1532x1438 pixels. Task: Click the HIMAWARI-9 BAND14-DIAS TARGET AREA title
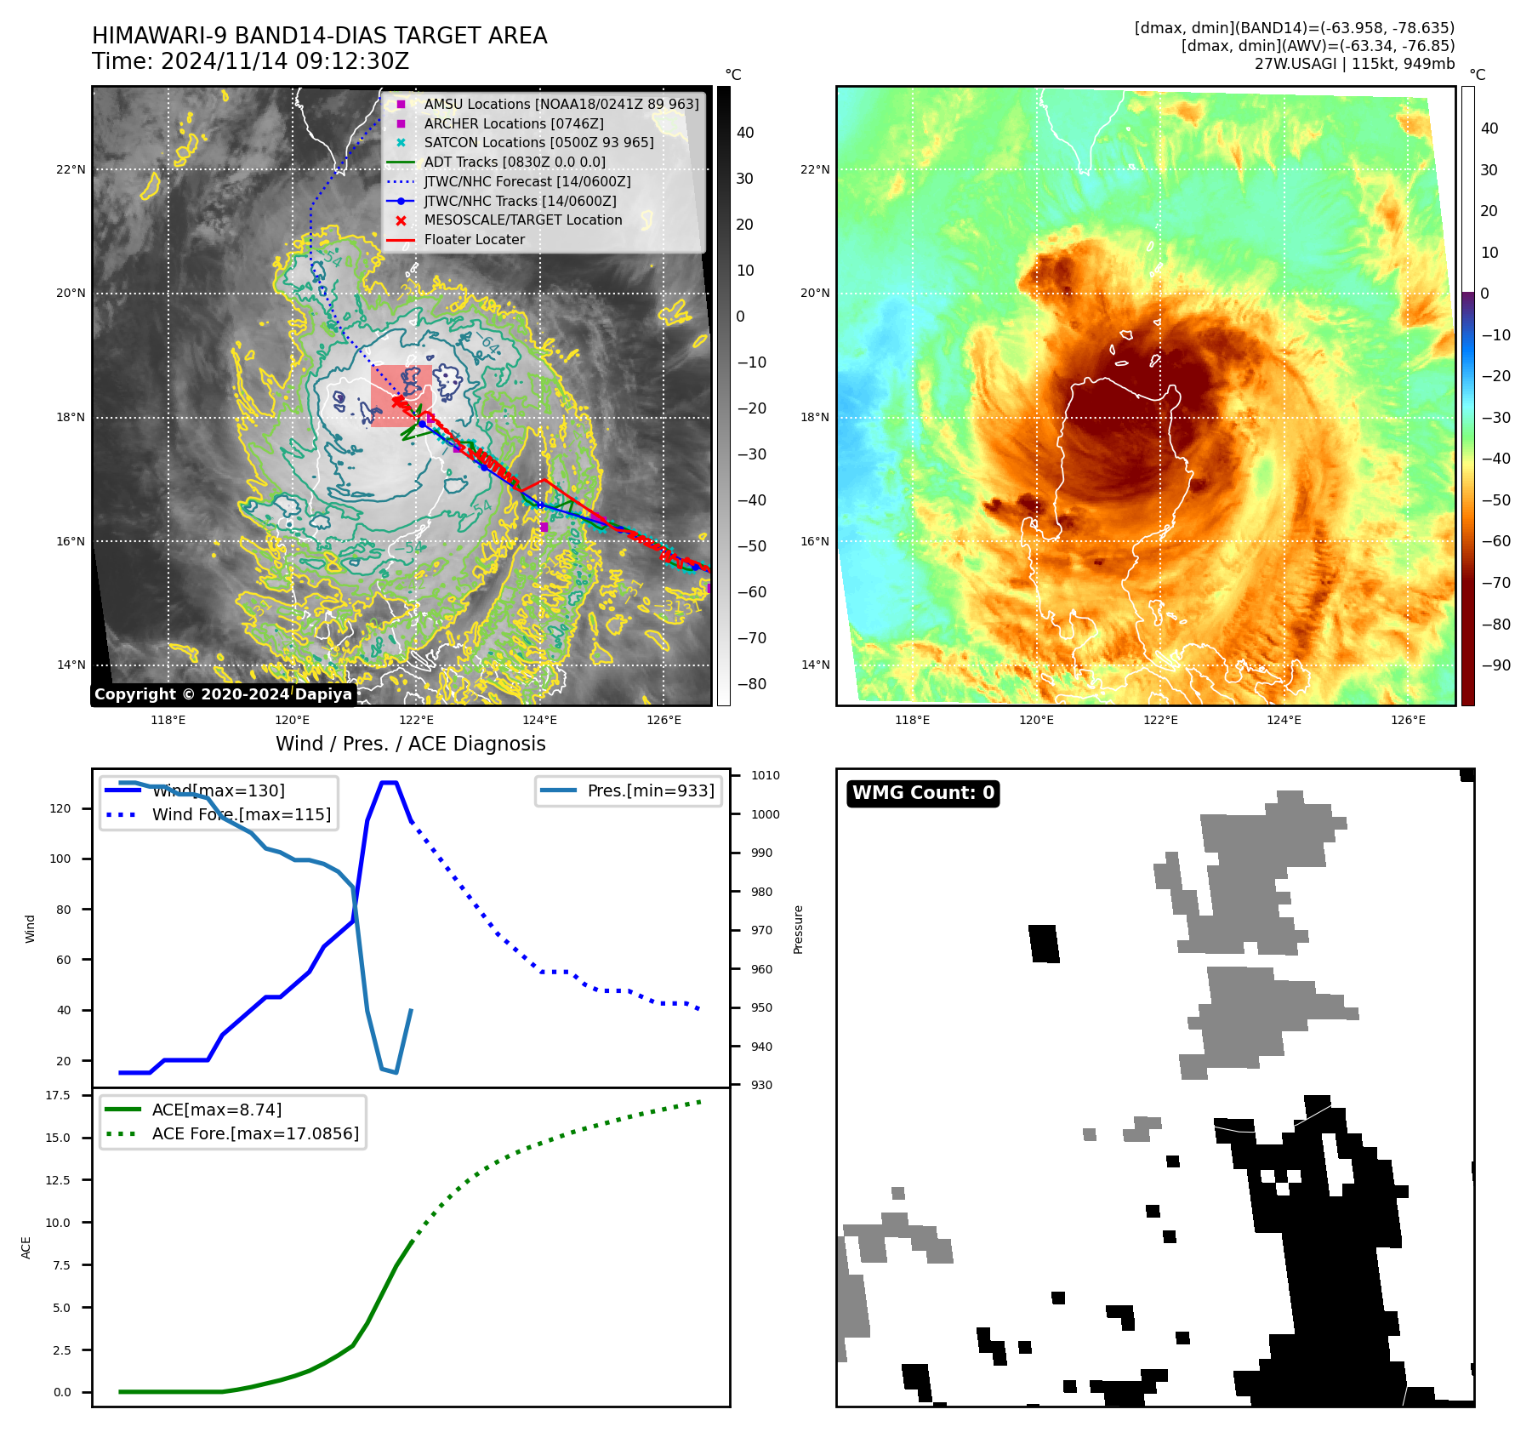click(x=319, y=36)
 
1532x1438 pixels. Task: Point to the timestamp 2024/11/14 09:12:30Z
click(x=284, y=62)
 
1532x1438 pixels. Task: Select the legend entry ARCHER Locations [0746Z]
click(x=514, y=123)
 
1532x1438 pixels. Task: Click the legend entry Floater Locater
click(x=474, y=240)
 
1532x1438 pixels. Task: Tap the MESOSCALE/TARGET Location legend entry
click(x=522, y=220)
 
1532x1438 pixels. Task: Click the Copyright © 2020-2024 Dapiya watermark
click(x=223, y=694)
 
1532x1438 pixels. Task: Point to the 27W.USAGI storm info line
click(x=1354, y=64)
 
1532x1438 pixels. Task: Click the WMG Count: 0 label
click(x=923, y=793)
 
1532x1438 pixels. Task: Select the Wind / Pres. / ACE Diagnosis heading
click(x=410, y=744)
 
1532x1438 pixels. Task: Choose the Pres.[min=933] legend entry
click(x=651, y=791)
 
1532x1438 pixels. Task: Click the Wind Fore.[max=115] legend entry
click(x=241, y=814)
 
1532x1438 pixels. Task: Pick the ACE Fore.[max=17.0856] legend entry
click(x=255, y=1133)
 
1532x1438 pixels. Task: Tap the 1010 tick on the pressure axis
click(x=765, y=775)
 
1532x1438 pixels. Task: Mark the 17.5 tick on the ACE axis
click(x=58, y=1095)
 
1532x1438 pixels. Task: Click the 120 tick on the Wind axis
click(x=60, y=808)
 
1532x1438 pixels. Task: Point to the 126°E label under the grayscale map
click(x=663, y=720)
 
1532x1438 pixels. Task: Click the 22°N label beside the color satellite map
click(x=814, y=169)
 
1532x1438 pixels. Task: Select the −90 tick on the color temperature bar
click(x=1495, y=665)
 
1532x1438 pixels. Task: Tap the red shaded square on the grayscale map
click(x=401, y=396)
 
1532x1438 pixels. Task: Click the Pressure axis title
click(x=798, y=929)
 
